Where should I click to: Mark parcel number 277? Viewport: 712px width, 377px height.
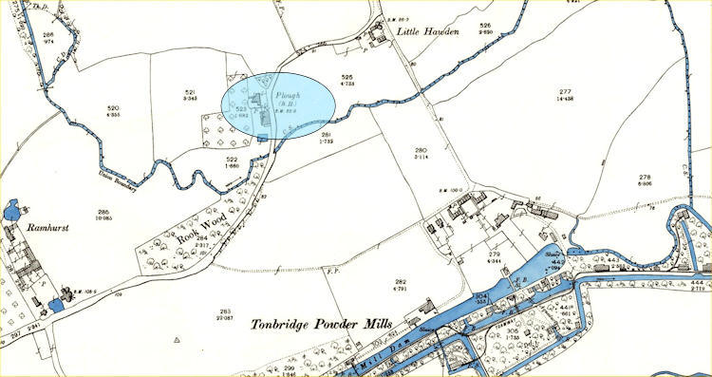tap(621, 90)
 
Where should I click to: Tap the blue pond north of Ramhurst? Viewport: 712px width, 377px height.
tap(11, 210)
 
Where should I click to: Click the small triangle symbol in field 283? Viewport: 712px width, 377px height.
tap(178, 339)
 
